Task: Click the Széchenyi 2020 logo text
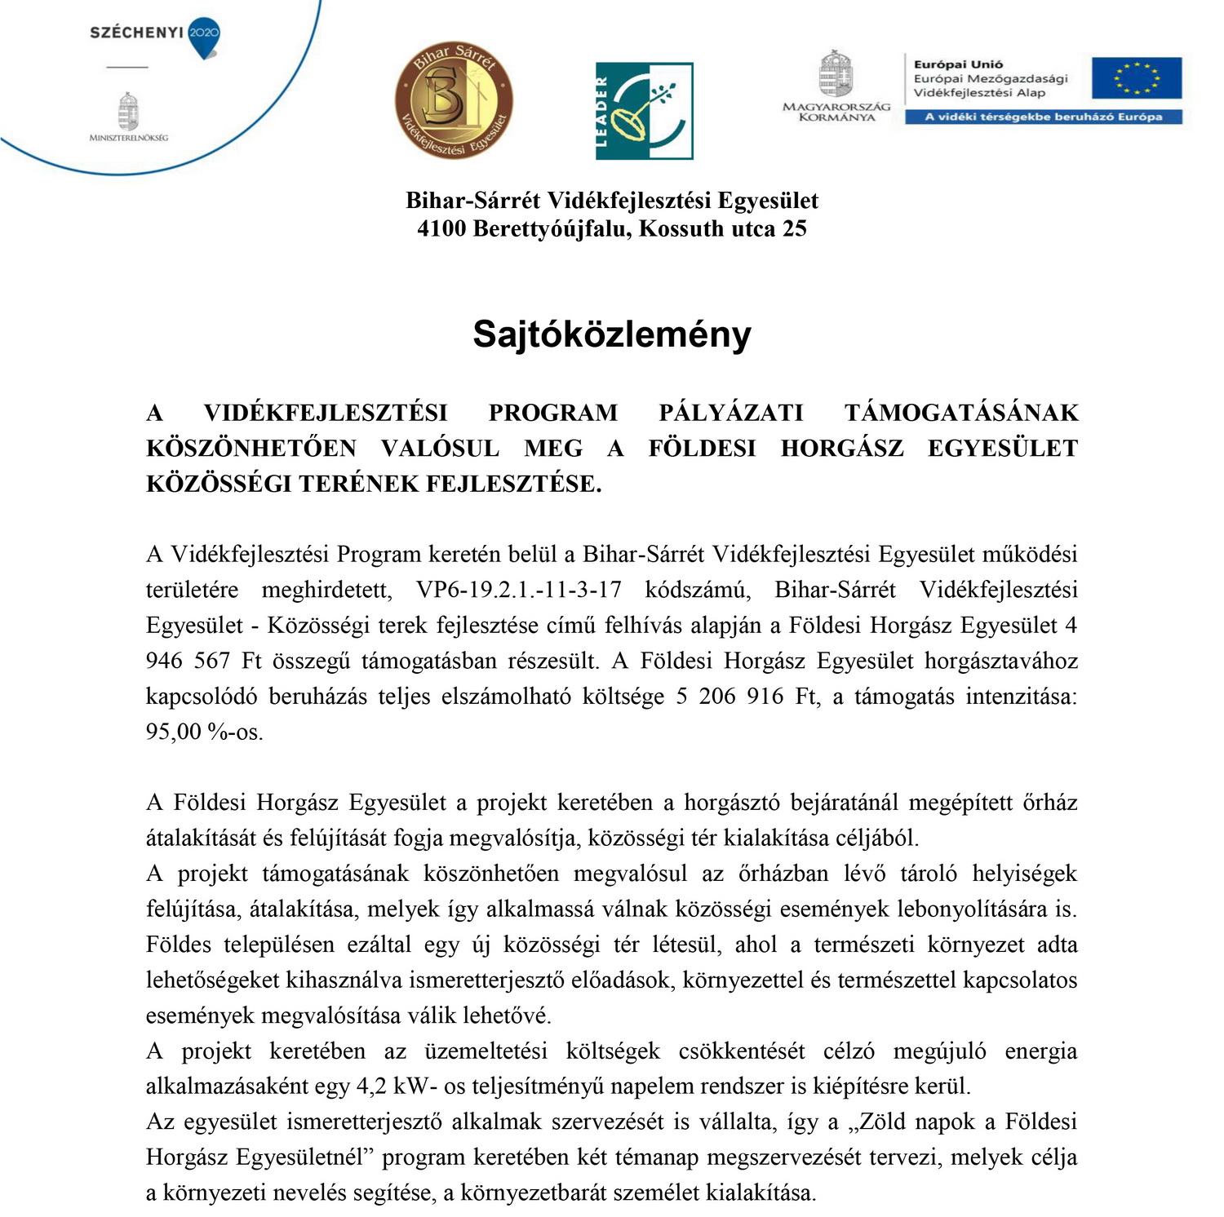pyautogui.click(x=137, y=33)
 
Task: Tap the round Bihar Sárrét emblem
pyautogui.click(x=454, y=100)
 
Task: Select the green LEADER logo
pyautogui.click(x=644, y=110)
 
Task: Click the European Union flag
pyautogui.click(x=1137, y=78)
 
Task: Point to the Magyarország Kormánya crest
pyautogui.click(x=836, y=76)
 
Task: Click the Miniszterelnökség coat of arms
pyautogui.click(x=128, y=112)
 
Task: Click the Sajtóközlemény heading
pyautogui.click(x=612, y=334)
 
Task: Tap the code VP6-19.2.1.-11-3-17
pyautogui.click(x=519, y=590)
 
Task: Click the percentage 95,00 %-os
pyautogui.click(x=205, y=732)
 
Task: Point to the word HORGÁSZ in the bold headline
pyautogui.click(x=841, y=448)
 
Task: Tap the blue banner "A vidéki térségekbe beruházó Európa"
pyautogui.click(x=1043, y=117)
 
